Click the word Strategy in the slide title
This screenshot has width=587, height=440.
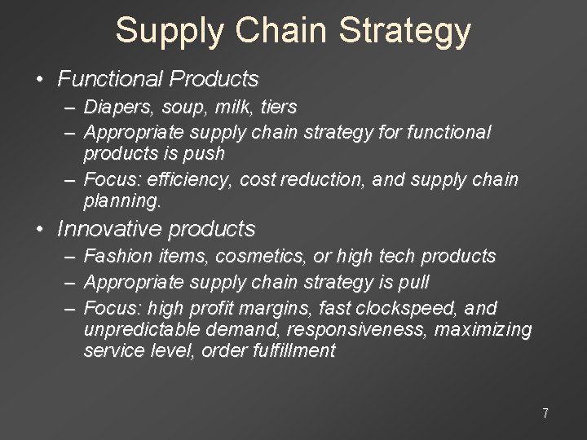(x=404, y=31)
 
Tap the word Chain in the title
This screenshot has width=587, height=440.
(x=281, y=31)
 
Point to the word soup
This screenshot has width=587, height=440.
(x=178, y=108)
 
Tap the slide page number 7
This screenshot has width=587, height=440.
(x=545, y=413)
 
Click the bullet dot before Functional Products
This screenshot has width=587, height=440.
(x=40, y=80)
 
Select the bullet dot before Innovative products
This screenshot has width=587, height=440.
(x=40, y=230)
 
